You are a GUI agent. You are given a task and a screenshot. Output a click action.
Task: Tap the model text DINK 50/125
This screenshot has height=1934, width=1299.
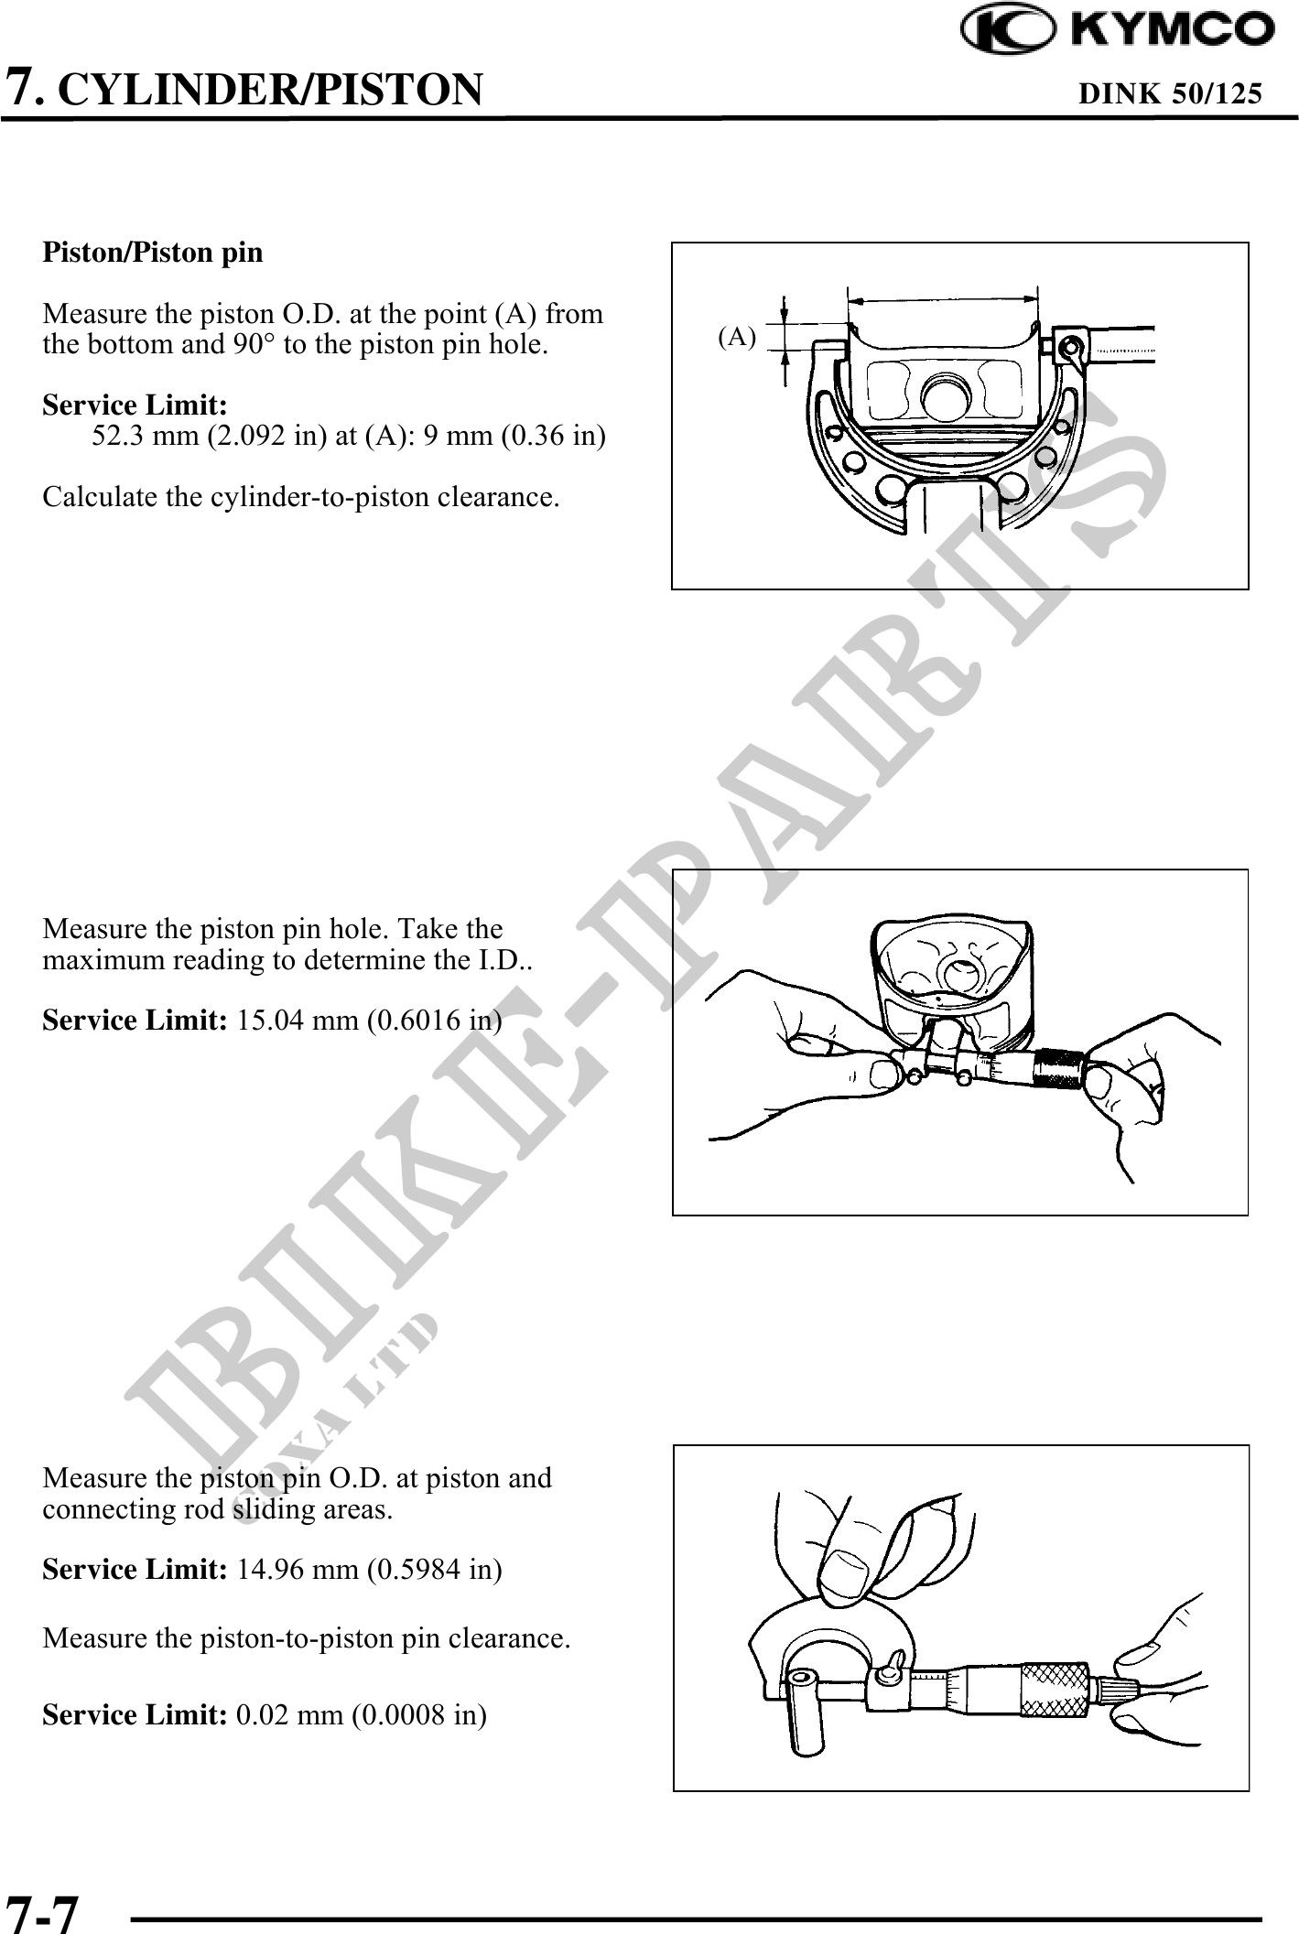point(1171,92)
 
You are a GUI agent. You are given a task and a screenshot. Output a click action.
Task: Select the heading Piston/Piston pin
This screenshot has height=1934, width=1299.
point(153,253)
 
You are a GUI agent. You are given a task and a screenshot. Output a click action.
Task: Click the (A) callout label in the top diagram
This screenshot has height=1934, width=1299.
point(737,338)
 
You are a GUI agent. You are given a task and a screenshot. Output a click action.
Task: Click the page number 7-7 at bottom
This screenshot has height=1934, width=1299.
point(42,1911)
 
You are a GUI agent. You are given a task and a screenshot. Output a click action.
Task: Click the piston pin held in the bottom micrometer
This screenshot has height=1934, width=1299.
point(803,1711)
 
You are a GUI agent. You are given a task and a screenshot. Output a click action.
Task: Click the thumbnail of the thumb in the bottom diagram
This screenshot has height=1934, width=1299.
point(846,1568)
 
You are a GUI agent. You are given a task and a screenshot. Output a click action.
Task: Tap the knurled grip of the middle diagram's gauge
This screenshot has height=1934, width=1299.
point(1058,1067)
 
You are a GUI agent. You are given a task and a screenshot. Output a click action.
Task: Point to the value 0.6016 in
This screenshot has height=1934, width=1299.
point(434,1021)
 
